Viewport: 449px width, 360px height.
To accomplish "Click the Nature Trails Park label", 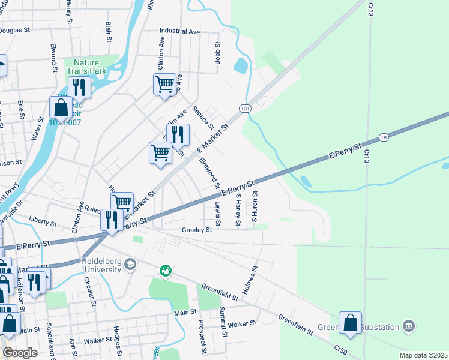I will [89, 67].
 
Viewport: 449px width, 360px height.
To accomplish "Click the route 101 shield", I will [244, 108].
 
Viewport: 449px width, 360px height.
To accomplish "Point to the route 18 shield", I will [384, 137].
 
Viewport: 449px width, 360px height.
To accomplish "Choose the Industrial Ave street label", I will [179, 31].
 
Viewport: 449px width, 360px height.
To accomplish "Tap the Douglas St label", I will [17, 30].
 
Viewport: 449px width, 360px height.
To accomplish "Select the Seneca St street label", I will [203, 118].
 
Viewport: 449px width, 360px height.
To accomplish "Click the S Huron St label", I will [255, 204].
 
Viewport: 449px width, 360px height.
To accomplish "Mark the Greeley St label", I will [197, 230].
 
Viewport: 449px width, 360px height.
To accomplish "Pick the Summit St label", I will [223, 321].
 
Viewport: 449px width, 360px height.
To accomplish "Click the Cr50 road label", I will [340, 349].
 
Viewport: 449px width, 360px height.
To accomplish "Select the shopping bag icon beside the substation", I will [350, 323].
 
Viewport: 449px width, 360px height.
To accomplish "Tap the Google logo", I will [20, 353].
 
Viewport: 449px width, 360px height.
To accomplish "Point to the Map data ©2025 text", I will [423, 355].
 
